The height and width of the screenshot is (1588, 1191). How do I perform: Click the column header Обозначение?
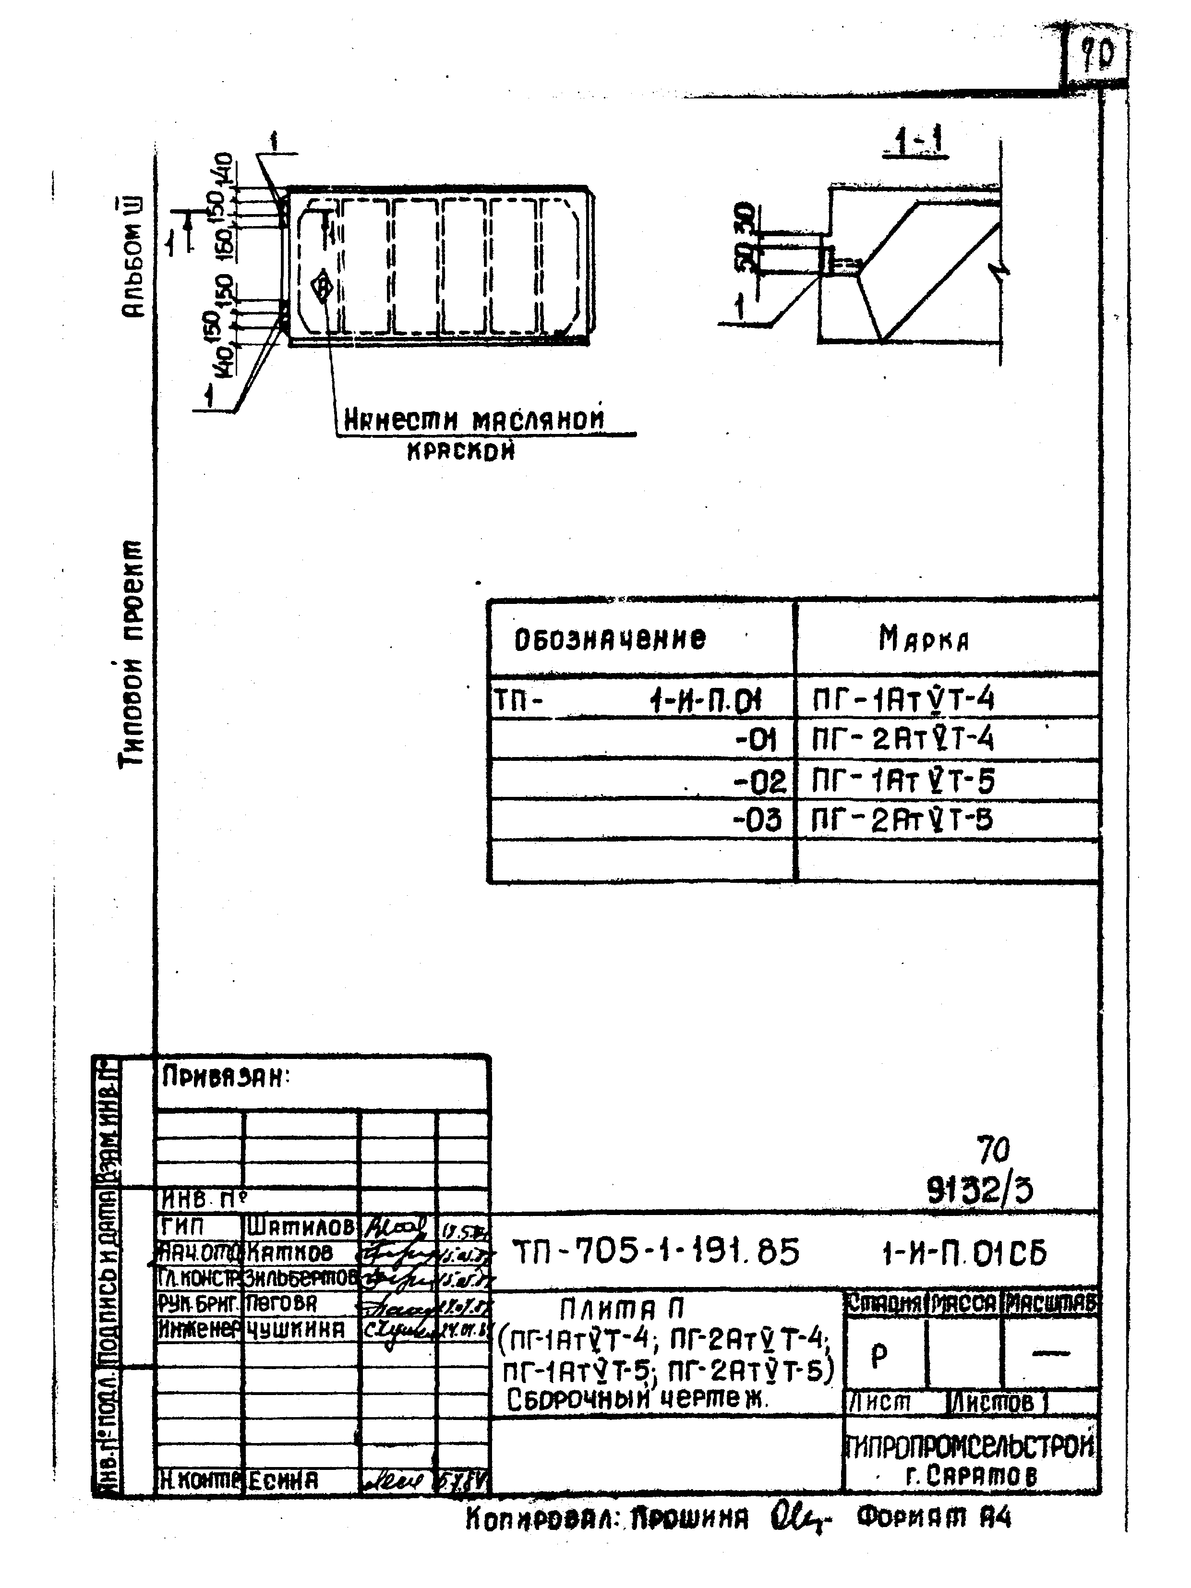[610, 638]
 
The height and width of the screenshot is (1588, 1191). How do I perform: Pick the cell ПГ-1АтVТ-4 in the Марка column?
[903, 698]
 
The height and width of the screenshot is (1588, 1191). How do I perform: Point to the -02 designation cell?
[759, 781]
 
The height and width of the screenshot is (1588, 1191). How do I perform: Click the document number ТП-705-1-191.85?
[655, 1253]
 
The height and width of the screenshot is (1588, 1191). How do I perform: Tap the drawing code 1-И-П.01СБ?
[964, 1253]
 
